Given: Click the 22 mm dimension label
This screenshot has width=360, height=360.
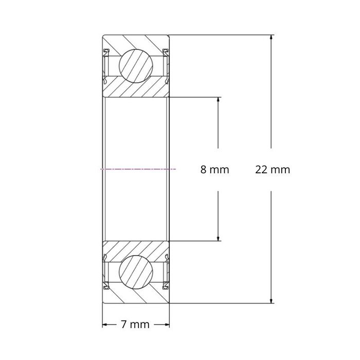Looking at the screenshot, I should [273, 169].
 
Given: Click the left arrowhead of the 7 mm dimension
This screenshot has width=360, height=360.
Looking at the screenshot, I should [105, 324].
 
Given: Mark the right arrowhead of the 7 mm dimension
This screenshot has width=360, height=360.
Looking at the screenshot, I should [167, 324].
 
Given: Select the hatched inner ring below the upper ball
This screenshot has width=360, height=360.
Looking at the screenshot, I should [136, 88].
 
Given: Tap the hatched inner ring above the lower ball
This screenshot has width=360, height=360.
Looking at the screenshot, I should [136, 248].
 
